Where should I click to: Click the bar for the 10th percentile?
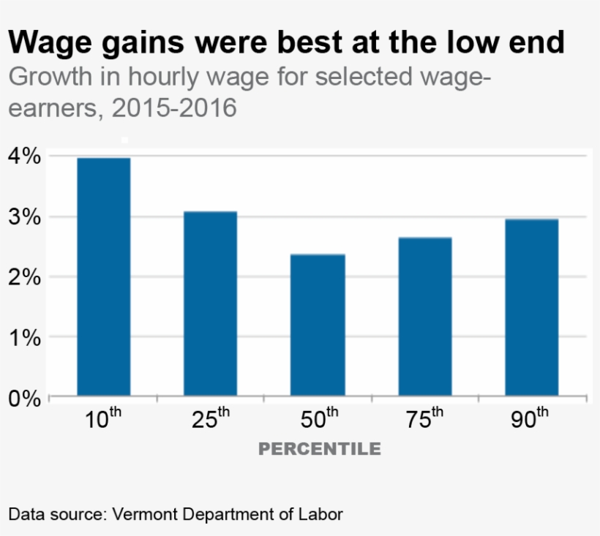[103, 278]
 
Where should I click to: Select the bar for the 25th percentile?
[210, 304]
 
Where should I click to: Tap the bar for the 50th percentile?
[318, 325]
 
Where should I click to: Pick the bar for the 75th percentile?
[425, 317]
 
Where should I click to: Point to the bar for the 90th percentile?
[532, 308]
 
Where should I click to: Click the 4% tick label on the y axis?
[23, 156]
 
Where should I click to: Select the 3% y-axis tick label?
[23, 217]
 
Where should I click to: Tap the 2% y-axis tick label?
[23, 277]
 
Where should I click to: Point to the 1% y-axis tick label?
[23, 338]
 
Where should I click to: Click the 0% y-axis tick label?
[23, 399]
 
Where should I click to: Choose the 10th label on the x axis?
[103, 420]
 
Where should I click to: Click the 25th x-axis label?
[211, 420]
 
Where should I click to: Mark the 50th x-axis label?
[318, 420]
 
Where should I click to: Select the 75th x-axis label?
[425, 420]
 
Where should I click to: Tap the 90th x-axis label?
[530, 420]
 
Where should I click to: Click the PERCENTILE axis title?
[320, 448]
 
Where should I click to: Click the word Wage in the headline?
[49, 43]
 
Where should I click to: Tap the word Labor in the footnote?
[320, 513]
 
